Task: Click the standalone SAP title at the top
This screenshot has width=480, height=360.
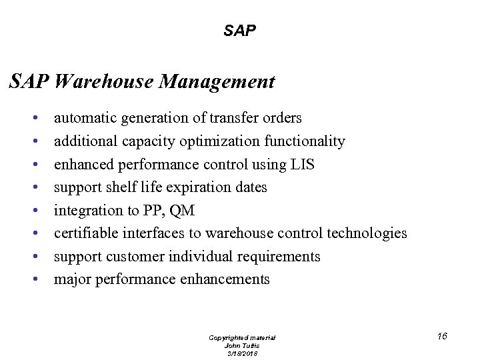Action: point(240,31)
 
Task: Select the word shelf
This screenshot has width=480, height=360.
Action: point(128,187)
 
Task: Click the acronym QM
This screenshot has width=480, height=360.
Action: point(182,211)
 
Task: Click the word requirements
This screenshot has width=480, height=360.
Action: point(278,257)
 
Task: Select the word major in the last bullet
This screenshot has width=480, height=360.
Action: point(73,279)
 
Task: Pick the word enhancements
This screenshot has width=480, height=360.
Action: point(225,279)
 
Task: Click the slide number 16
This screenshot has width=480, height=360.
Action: point(442,336)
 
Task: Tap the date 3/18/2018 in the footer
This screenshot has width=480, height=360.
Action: point(242,353)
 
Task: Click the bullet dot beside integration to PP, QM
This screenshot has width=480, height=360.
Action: point(34,211)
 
